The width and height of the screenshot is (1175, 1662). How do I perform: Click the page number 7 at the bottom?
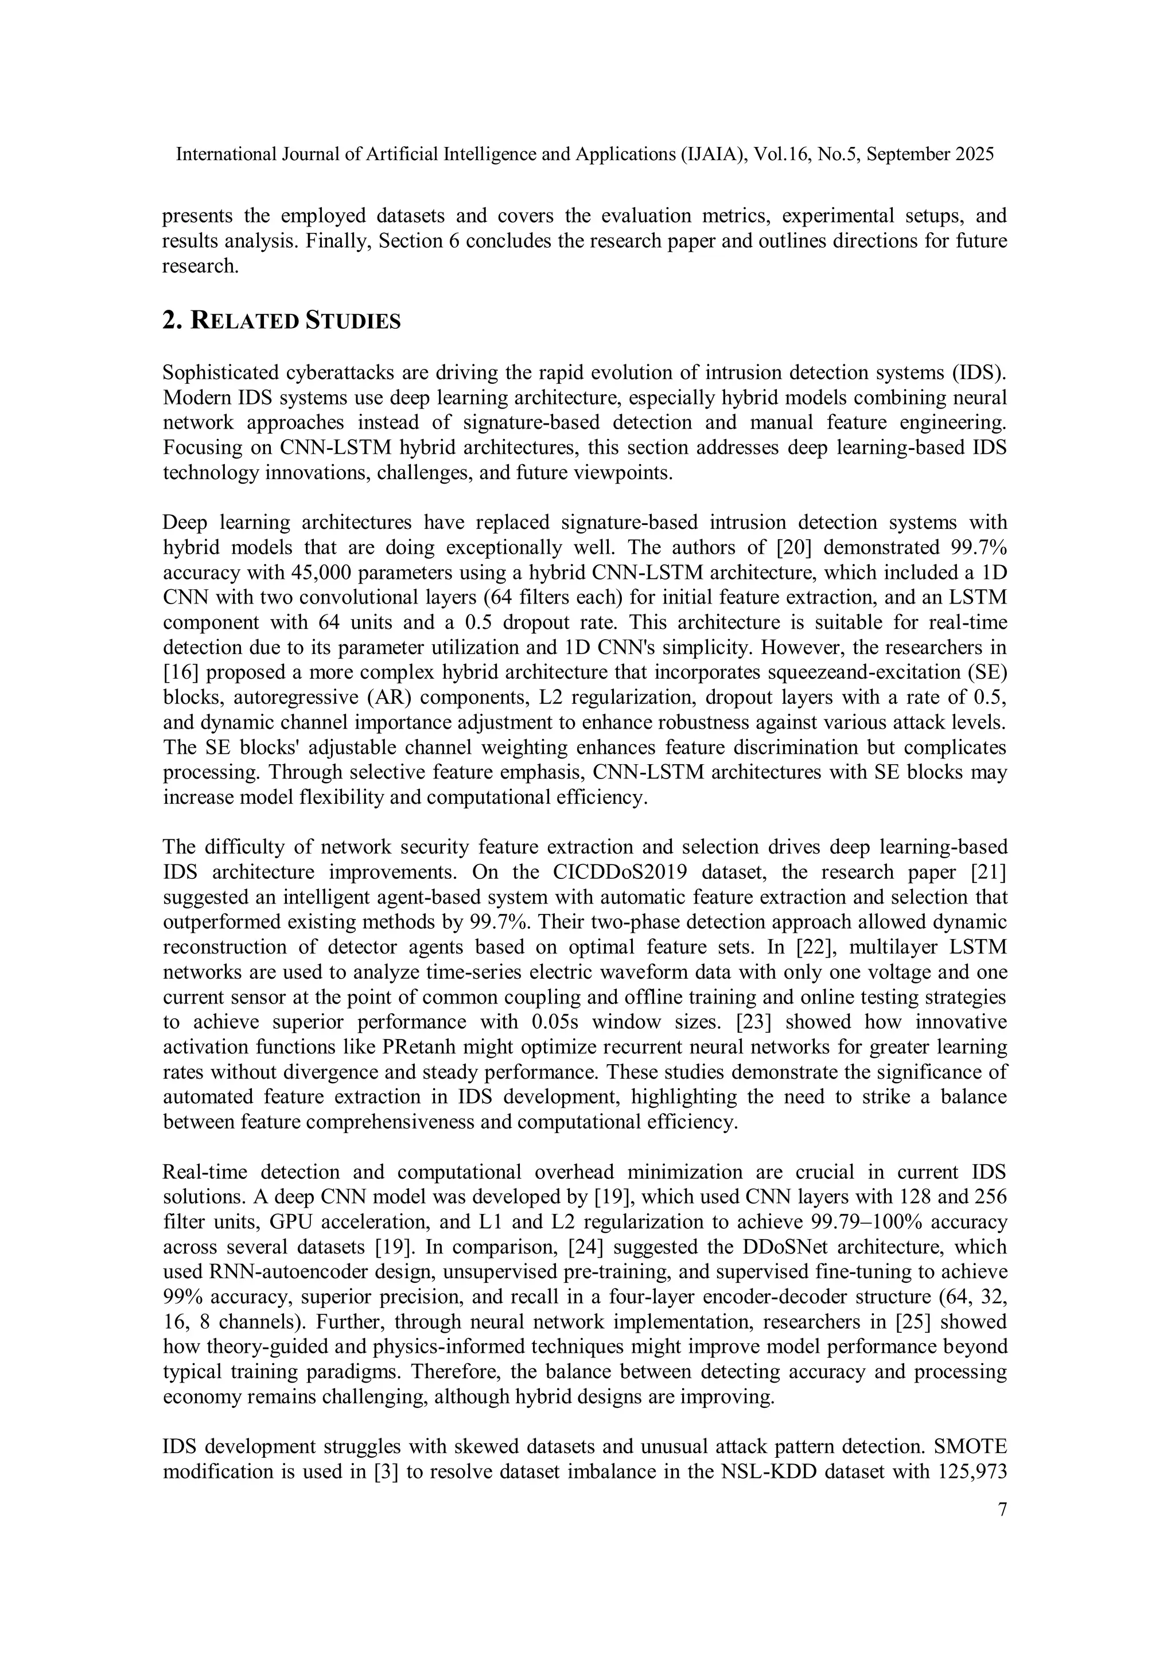pyautogui.click(x=1002, y=1509)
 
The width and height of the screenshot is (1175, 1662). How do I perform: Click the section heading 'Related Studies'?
pyautogui.click(x=281, y=321)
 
